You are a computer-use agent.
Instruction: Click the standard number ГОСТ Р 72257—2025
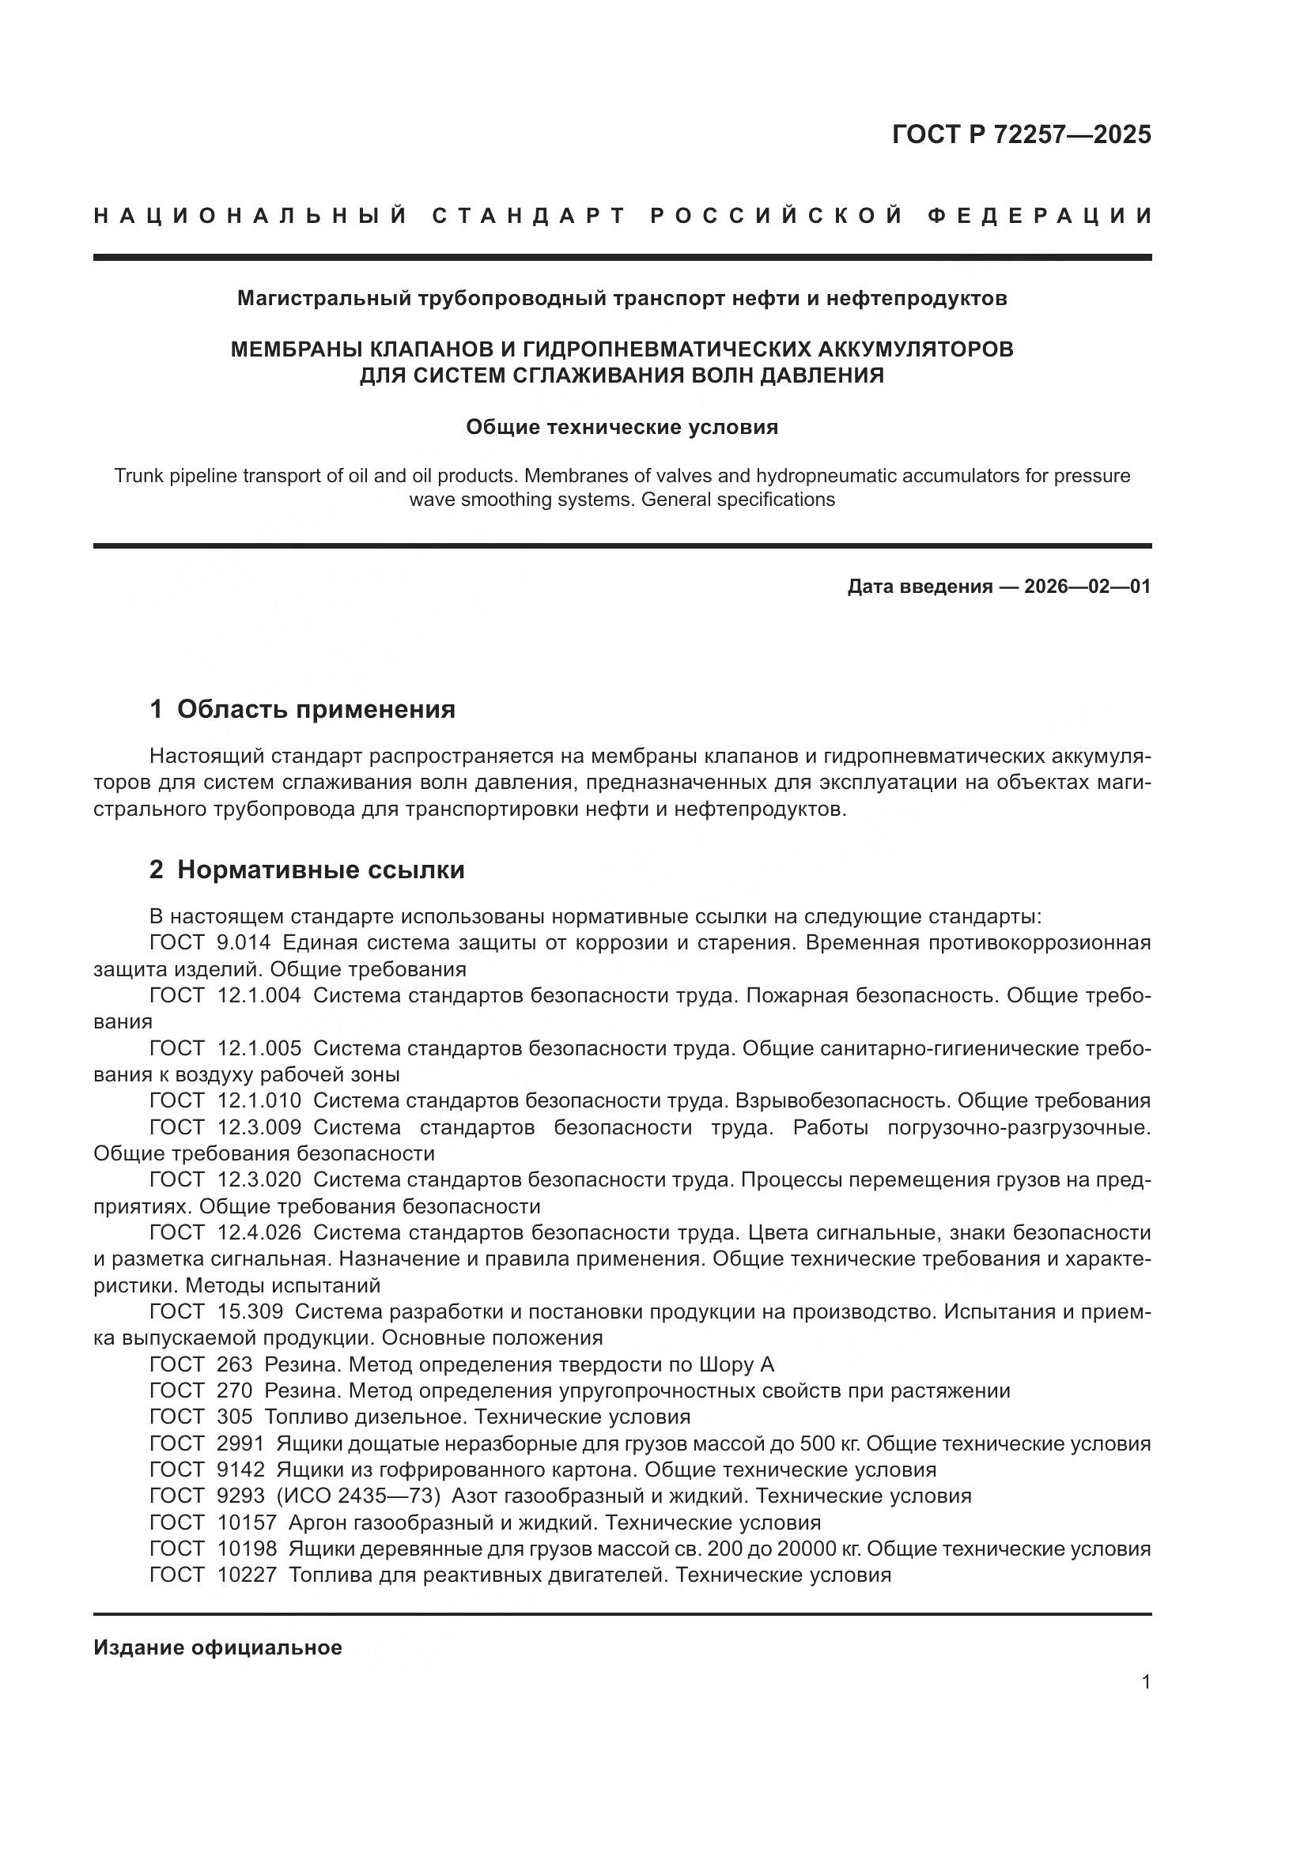[x=1021, y=134]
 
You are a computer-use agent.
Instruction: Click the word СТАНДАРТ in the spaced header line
[x=529, y=216]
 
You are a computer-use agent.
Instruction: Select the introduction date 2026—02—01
[x=1087, y=587]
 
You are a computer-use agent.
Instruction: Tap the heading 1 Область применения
[x=302, y=709]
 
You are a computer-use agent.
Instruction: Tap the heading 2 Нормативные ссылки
[x=307, y=870]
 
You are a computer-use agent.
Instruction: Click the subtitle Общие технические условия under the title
[x=622, y=428]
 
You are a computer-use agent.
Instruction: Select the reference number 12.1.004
[x=259, y=996]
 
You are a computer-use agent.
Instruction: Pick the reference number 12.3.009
[x=259, y=1128]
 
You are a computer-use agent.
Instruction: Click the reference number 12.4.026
[x=259, y=1233]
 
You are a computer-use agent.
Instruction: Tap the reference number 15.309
[x=251, y=1312]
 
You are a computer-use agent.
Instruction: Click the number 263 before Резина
[x=234, y=1365]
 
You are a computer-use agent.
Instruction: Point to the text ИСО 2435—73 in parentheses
[x=358, y=1496]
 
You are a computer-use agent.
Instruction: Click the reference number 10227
[x=247, y=1575]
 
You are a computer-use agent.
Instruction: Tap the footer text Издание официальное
[x=217, y=1647]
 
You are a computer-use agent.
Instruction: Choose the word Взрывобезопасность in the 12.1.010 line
[x=843, y=1101]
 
